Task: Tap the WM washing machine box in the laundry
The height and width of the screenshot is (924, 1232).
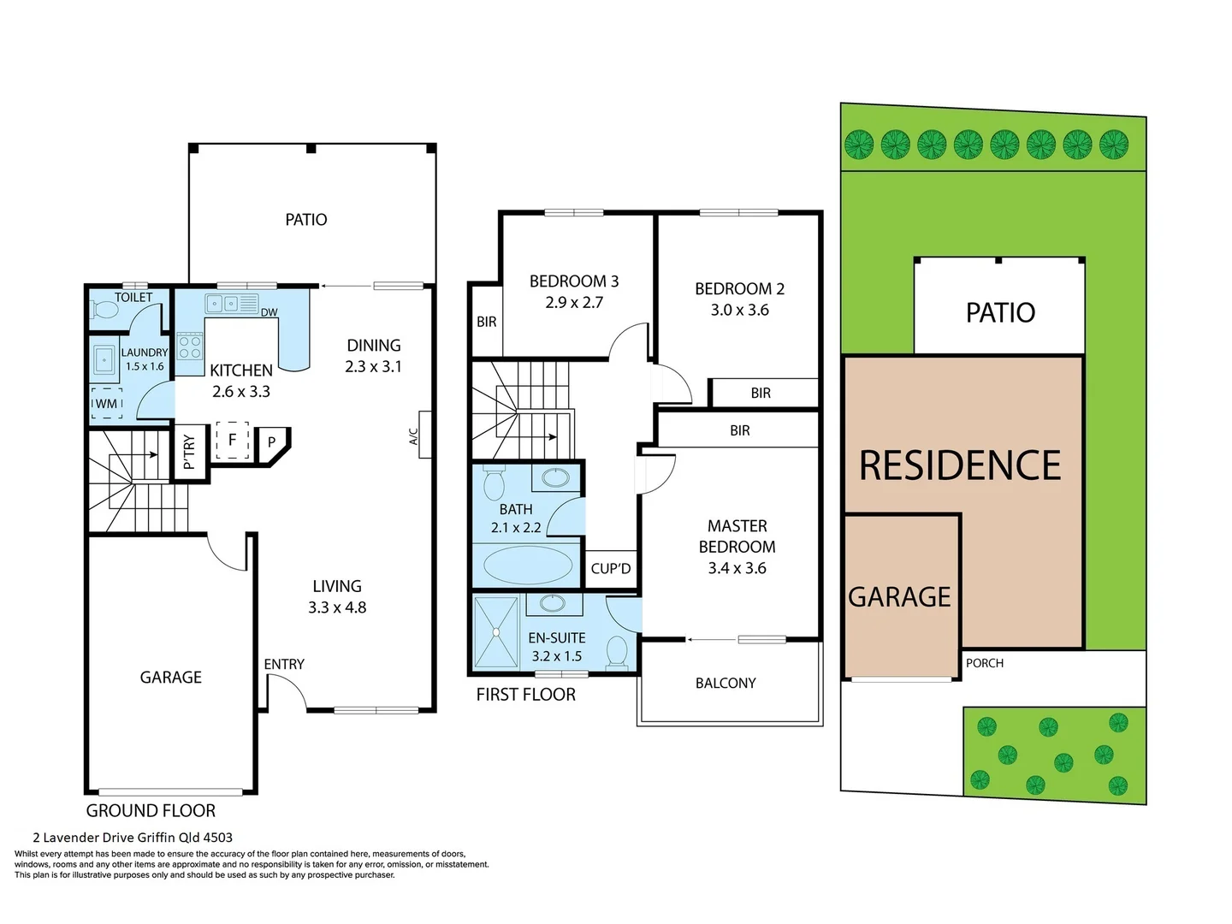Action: (107, 404)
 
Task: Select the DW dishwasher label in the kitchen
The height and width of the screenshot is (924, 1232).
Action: (269, 312)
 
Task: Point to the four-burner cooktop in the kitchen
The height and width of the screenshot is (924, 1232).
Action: (189, 346)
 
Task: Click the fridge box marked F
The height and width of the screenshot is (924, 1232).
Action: (232, 441)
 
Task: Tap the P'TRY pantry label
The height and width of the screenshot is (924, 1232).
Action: (189, 452)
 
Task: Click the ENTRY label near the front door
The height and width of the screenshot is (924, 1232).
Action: (284, 664)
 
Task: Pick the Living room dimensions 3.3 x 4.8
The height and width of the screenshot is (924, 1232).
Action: (337, 607)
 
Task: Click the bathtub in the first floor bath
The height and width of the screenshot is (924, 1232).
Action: (528, 565)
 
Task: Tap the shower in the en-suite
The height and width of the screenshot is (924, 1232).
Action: (496, 633)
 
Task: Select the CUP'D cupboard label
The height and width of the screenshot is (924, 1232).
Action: (611, 569)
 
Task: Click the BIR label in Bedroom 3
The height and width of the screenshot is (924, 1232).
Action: (486, 322)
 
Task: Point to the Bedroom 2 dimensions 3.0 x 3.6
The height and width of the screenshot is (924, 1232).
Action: (739, 310)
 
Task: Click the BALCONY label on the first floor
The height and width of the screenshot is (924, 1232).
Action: (726, 683)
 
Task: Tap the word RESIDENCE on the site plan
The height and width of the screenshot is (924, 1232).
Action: (960, 466)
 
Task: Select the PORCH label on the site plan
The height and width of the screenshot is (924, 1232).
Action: (985, 663)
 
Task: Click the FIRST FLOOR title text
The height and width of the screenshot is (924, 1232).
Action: (525, 695)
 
